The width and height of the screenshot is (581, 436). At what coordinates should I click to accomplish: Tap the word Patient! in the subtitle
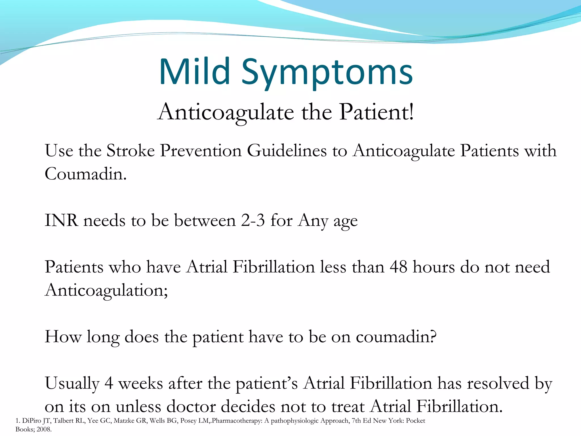pyautogui.click(x=377, y=112)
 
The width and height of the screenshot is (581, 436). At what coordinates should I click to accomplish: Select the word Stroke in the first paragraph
pyautogui.click(x=130, y=150)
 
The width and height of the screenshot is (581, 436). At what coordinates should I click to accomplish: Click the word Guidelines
pyautogui.click(x=287, y=150)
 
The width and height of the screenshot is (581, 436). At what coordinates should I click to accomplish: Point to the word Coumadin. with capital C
pyautogui.click(x=85, y=174)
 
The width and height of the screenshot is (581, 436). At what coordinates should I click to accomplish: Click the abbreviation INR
pyautogui.click(x=61, y=220)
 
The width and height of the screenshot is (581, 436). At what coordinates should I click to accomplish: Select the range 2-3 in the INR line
pyautogui.click(x=253, y=220)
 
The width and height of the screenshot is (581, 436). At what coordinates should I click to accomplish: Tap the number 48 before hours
pyautogui.click(x=399, y=267)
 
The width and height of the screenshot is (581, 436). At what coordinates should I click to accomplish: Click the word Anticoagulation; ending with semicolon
pyautogui.click(x=106, y=290)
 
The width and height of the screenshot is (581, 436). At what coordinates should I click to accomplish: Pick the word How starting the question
pyautogui.click(x=63, y=337)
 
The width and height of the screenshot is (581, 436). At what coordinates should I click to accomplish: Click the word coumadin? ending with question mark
pyautogui.click(x=396, y=337)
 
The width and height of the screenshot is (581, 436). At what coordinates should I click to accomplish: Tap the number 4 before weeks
pyautogui.click(x=109, y=383)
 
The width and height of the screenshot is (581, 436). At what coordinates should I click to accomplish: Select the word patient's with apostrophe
pyautogui.click(x=267, y=383)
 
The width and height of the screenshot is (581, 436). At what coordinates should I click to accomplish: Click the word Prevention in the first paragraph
pyautogui.click(x=201, y=150)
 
